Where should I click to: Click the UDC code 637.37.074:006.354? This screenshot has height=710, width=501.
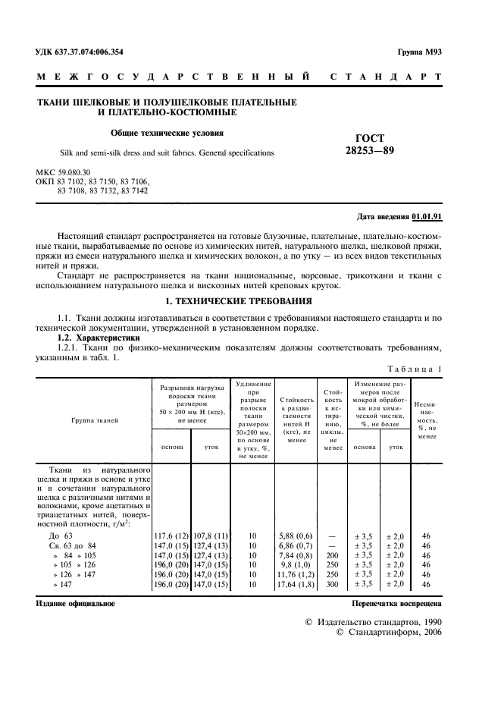(x=80, y=52)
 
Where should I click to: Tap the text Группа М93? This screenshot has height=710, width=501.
(x=420, y=52)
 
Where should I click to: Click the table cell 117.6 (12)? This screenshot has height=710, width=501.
(x=172, y=536)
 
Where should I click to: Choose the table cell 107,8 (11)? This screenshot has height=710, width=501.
(x=211, y=536)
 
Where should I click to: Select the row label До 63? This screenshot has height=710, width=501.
(x=60, y=536)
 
